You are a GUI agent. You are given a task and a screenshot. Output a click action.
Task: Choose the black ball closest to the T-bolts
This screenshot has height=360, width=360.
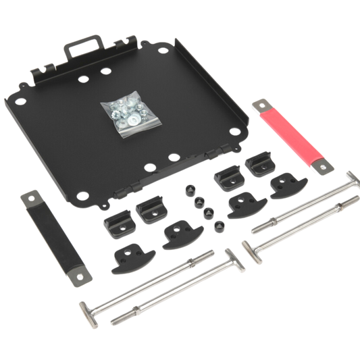pos(217,228)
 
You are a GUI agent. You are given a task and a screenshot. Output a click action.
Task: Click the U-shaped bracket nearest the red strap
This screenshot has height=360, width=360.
pos(259,163)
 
